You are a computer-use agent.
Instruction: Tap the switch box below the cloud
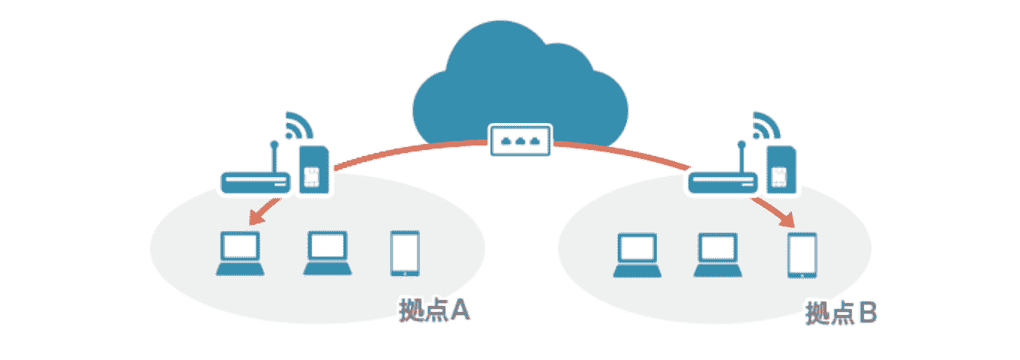click(520, 140)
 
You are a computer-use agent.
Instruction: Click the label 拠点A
click(435, 310)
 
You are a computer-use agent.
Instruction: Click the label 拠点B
click(841, 313)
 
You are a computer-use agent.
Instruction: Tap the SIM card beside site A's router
click(313, 171)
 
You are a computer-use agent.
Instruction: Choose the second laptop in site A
click(326, 253)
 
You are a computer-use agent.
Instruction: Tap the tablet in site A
click(405, 253)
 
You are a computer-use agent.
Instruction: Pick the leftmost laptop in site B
click(637, 255)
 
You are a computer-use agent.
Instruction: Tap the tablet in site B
click(802, 256)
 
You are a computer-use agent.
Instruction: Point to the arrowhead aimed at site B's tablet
click(787, 222)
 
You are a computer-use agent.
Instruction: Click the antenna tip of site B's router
click(742, 142)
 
